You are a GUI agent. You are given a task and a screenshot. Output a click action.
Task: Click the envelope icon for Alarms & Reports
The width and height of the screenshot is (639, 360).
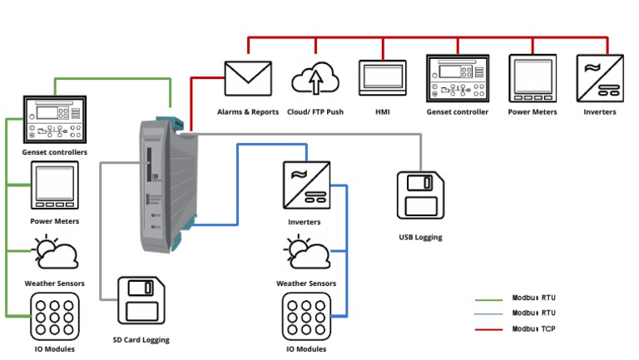pyautogui.click(x=248, y=79)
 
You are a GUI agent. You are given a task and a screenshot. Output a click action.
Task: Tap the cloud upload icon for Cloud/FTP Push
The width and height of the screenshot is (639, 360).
pyautogui.click(x=315, y=80)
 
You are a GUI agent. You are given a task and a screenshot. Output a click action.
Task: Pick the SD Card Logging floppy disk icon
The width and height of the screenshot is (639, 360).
pyautogui.click(x=141, y=301)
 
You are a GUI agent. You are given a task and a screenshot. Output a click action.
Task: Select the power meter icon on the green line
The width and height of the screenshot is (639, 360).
pyautogui.click(x=55, y=185)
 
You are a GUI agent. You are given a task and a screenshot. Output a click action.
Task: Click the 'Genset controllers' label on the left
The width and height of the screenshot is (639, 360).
pyautogui.click(x=55, y=152)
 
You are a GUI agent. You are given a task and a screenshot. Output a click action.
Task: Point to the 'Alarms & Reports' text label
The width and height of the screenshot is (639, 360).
pyautogui.click(x=248, y=111)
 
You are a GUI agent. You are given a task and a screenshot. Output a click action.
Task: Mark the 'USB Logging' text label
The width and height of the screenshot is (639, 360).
pyautogui.click(x=420, y=237)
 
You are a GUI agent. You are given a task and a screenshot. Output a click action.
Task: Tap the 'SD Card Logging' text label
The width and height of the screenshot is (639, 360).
pyautogui.click(x=141, y=339)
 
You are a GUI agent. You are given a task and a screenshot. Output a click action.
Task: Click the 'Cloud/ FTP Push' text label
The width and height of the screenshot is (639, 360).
pyautogui.click(x=315, y=111)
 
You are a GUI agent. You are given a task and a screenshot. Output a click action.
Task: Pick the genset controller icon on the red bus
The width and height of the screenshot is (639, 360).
pyautogui.click(x=457, y=78)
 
